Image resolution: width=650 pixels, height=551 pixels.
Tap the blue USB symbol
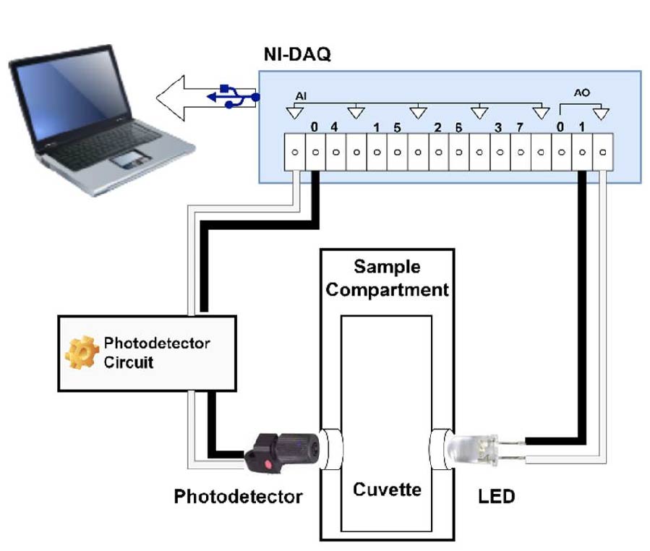231,96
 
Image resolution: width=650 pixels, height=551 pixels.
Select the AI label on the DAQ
302,96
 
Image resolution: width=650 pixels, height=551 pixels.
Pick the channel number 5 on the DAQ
398,128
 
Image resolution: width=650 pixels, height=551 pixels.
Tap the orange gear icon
82,351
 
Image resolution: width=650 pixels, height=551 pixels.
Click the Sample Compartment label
387,278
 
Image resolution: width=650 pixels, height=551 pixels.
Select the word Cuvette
387,490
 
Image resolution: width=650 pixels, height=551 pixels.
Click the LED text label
495,497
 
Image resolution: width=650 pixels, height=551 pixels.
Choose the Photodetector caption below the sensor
238,497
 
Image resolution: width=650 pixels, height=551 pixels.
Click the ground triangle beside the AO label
601,114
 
